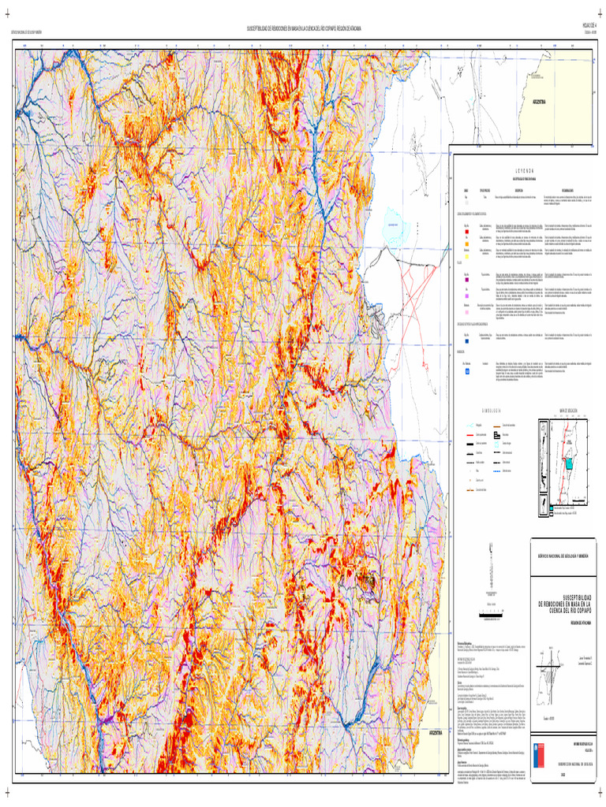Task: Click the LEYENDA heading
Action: pos(525,169)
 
